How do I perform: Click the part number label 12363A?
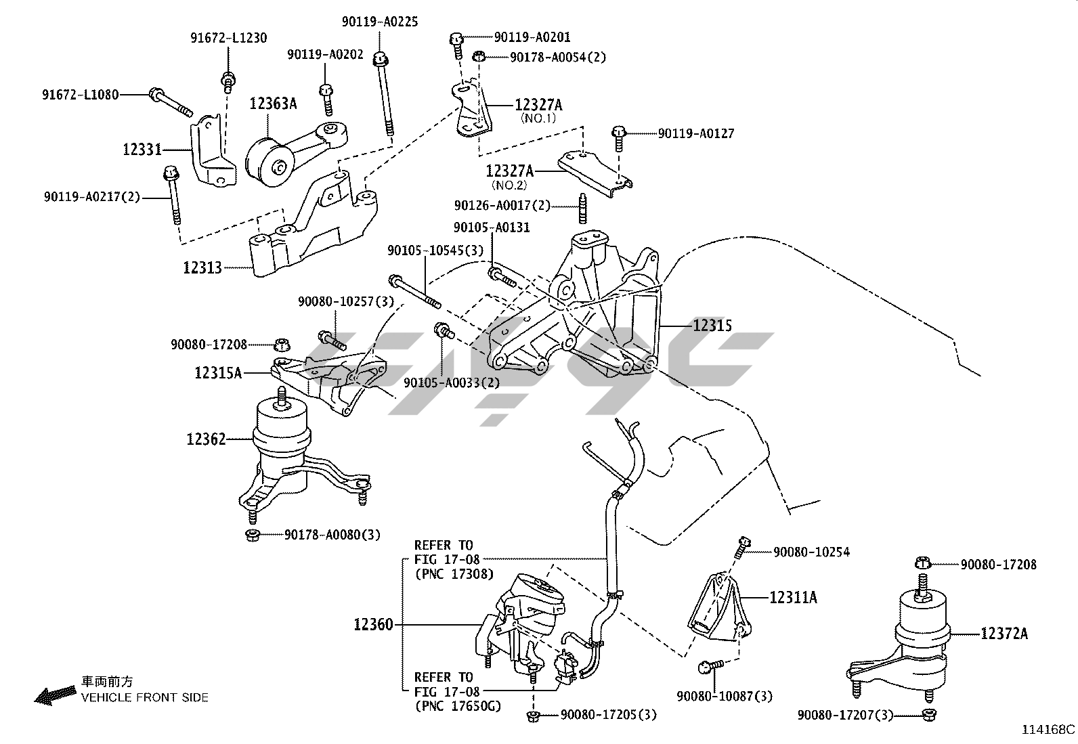273,104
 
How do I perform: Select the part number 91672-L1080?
80,94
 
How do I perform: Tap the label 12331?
143,149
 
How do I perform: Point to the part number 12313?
202,267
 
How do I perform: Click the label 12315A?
217,372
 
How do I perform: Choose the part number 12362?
206,439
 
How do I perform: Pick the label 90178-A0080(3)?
332,535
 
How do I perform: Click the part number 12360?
372,624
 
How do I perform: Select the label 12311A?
793,597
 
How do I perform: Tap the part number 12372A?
1004,634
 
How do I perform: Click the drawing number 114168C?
1048,730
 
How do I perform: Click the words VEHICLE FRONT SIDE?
145,697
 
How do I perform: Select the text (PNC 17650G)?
457,706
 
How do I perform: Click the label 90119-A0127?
695,133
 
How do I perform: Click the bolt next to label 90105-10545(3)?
414,292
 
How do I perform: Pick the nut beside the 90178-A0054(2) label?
478,56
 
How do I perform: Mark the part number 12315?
712,326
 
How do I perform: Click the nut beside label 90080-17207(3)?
929,714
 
